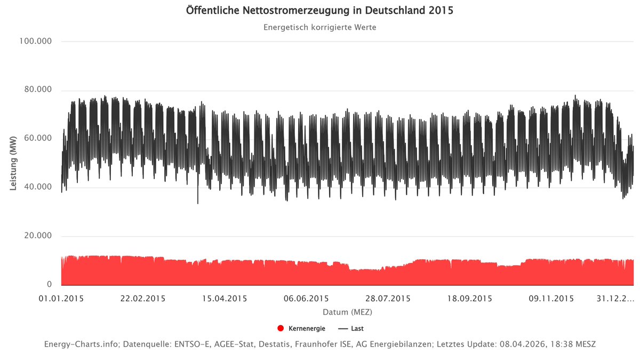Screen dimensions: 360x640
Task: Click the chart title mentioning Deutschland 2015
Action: click(319, 11)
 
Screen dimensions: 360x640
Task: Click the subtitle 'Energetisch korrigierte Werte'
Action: click(319, 27)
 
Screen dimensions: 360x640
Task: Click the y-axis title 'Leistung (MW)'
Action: click(14, 163)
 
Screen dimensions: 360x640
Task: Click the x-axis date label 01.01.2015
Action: click(61, 299)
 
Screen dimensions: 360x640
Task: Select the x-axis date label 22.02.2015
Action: click(143, 299)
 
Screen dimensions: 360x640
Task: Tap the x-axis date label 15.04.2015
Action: click(225, 299)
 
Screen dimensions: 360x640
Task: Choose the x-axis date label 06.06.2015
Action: click(306, 299)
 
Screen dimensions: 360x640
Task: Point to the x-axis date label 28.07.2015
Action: click(388, 299)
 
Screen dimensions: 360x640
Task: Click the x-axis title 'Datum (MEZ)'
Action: click(347, 311)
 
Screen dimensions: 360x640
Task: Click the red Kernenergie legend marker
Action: click(281, 329)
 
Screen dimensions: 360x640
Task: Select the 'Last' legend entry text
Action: click(357, 329)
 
